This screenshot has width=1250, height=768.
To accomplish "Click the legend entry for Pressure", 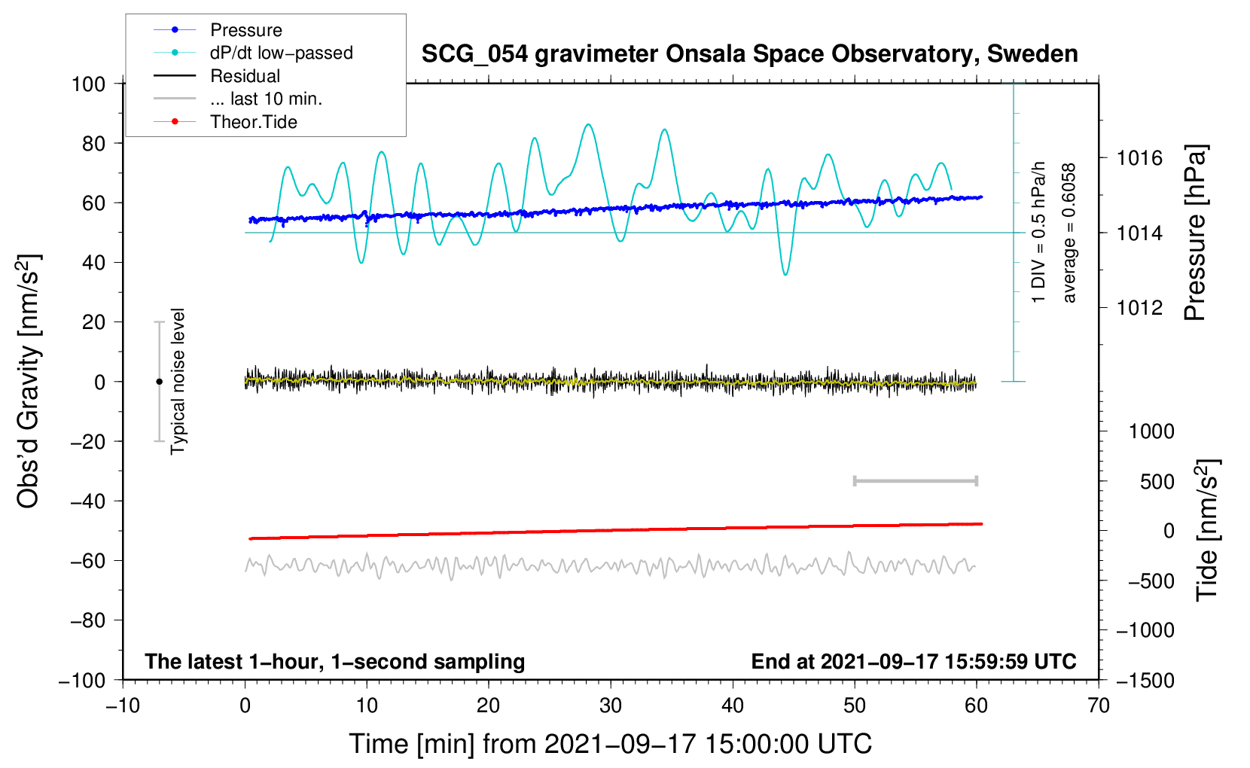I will (x=245, y=30).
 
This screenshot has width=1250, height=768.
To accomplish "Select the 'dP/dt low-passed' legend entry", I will (x=281, y=53).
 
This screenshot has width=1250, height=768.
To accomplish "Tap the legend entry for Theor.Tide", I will (x=253, y=122).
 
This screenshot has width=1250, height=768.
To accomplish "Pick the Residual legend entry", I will (x=245, y=76).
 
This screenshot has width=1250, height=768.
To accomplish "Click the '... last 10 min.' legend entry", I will (x=266, y=99).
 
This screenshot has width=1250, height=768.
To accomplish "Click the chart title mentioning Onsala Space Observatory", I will (x=749, y=54).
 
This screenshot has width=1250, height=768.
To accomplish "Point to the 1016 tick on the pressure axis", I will (x=1139, y=158).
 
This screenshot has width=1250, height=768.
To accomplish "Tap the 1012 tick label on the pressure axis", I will (x=1139, y=307).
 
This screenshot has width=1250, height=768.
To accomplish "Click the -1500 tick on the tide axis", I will (x=1145, y=680).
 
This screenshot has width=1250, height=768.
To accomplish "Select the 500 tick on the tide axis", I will (x=1157, y=481).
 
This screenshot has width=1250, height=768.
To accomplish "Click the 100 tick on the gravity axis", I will (x=88, y=84).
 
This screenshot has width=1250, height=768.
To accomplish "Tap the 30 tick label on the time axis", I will (x=611, y=706).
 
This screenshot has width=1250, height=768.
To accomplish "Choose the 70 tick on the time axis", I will (x=1099, y=706).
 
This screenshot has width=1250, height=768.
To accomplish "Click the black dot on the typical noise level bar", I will (x=159, y=382).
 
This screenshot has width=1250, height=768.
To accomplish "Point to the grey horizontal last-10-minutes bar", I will (x=915, y=480).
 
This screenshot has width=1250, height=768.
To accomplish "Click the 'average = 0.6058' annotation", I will (x=1069, y=233).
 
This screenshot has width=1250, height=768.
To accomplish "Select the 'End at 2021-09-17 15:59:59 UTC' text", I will (x=913, y=661).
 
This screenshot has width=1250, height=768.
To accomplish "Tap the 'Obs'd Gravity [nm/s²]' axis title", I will (x=29, y=382).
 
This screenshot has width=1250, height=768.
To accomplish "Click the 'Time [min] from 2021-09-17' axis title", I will (x=611, y=744).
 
